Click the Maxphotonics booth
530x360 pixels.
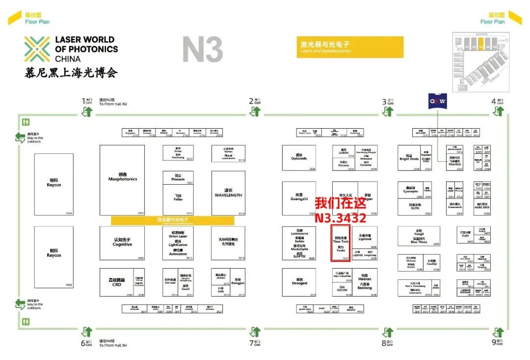(122, 179)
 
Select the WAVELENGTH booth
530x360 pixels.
(228, 193)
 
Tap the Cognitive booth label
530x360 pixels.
(122, 243)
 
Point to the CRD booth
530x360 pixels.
(116, 282)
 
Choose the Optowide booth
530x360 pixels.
(299, 158)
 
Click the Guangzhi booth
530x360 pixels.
(299, 198)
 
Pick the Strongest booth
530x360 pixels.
(299, 282)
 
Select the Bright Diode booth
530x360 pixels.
(409, 158)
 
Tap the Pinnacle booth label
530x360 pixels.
(178, 178)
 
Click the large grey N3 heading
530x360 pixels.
(202, 50)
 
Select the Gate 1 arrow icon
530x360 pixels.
(88, 111)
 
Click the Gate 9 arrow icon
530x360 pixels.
(499, 332)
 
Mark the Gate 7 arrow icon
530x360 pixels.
(255, 332)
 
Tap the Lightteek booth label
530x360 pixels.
(365, 238)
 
